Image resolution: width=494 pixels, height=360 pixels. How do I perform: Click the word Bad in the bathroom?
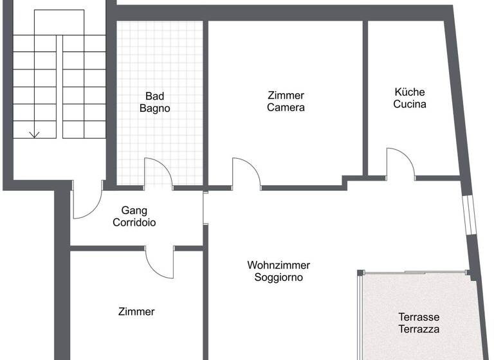[x=155, y=96]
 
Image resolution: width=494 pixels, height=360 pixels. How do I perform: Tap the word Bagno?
[x=155, y=108]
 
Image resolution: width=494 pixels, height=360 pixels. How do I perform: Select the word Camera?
[x=286, y=107]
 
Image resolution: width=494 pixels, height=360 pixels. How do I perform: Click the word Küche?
[x=410, y=92]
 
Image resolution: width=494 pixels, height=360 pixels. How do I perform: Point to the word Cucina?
[x=410, y=104]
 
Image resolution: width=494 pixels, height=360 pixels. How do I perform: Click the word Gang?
[x=134, y=210]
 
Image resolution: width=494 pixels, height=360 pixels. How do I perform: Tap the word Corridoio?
[x=134, y=222]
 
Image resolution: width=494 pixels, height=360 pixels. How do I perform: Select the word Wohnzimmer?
[x=279, y=265]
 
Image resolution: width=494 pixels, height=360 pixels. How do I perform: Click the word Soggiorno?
[x=279, y=278]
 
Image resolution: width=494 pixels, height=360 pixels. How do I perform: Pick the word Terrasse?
[x=419, y=317]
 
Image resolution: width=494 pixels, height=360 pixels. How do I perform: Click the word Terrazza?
[x=419, y=329]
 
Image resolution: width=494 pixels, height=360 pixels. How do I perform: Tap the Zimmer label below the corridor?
[x=136, y=312]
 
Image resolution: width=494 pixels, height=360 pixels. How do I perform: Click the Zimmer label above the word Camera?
[x=286, y=95]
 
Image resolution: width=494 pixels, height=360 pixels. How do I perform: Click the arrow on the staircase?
[x=35, y=133]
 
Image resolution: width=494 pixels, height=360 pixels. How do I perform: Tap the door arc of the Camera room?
[x=247, y=172]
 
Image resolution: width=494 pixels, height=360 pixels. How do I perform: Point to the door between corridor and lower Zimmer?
[x=161, y=262]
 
